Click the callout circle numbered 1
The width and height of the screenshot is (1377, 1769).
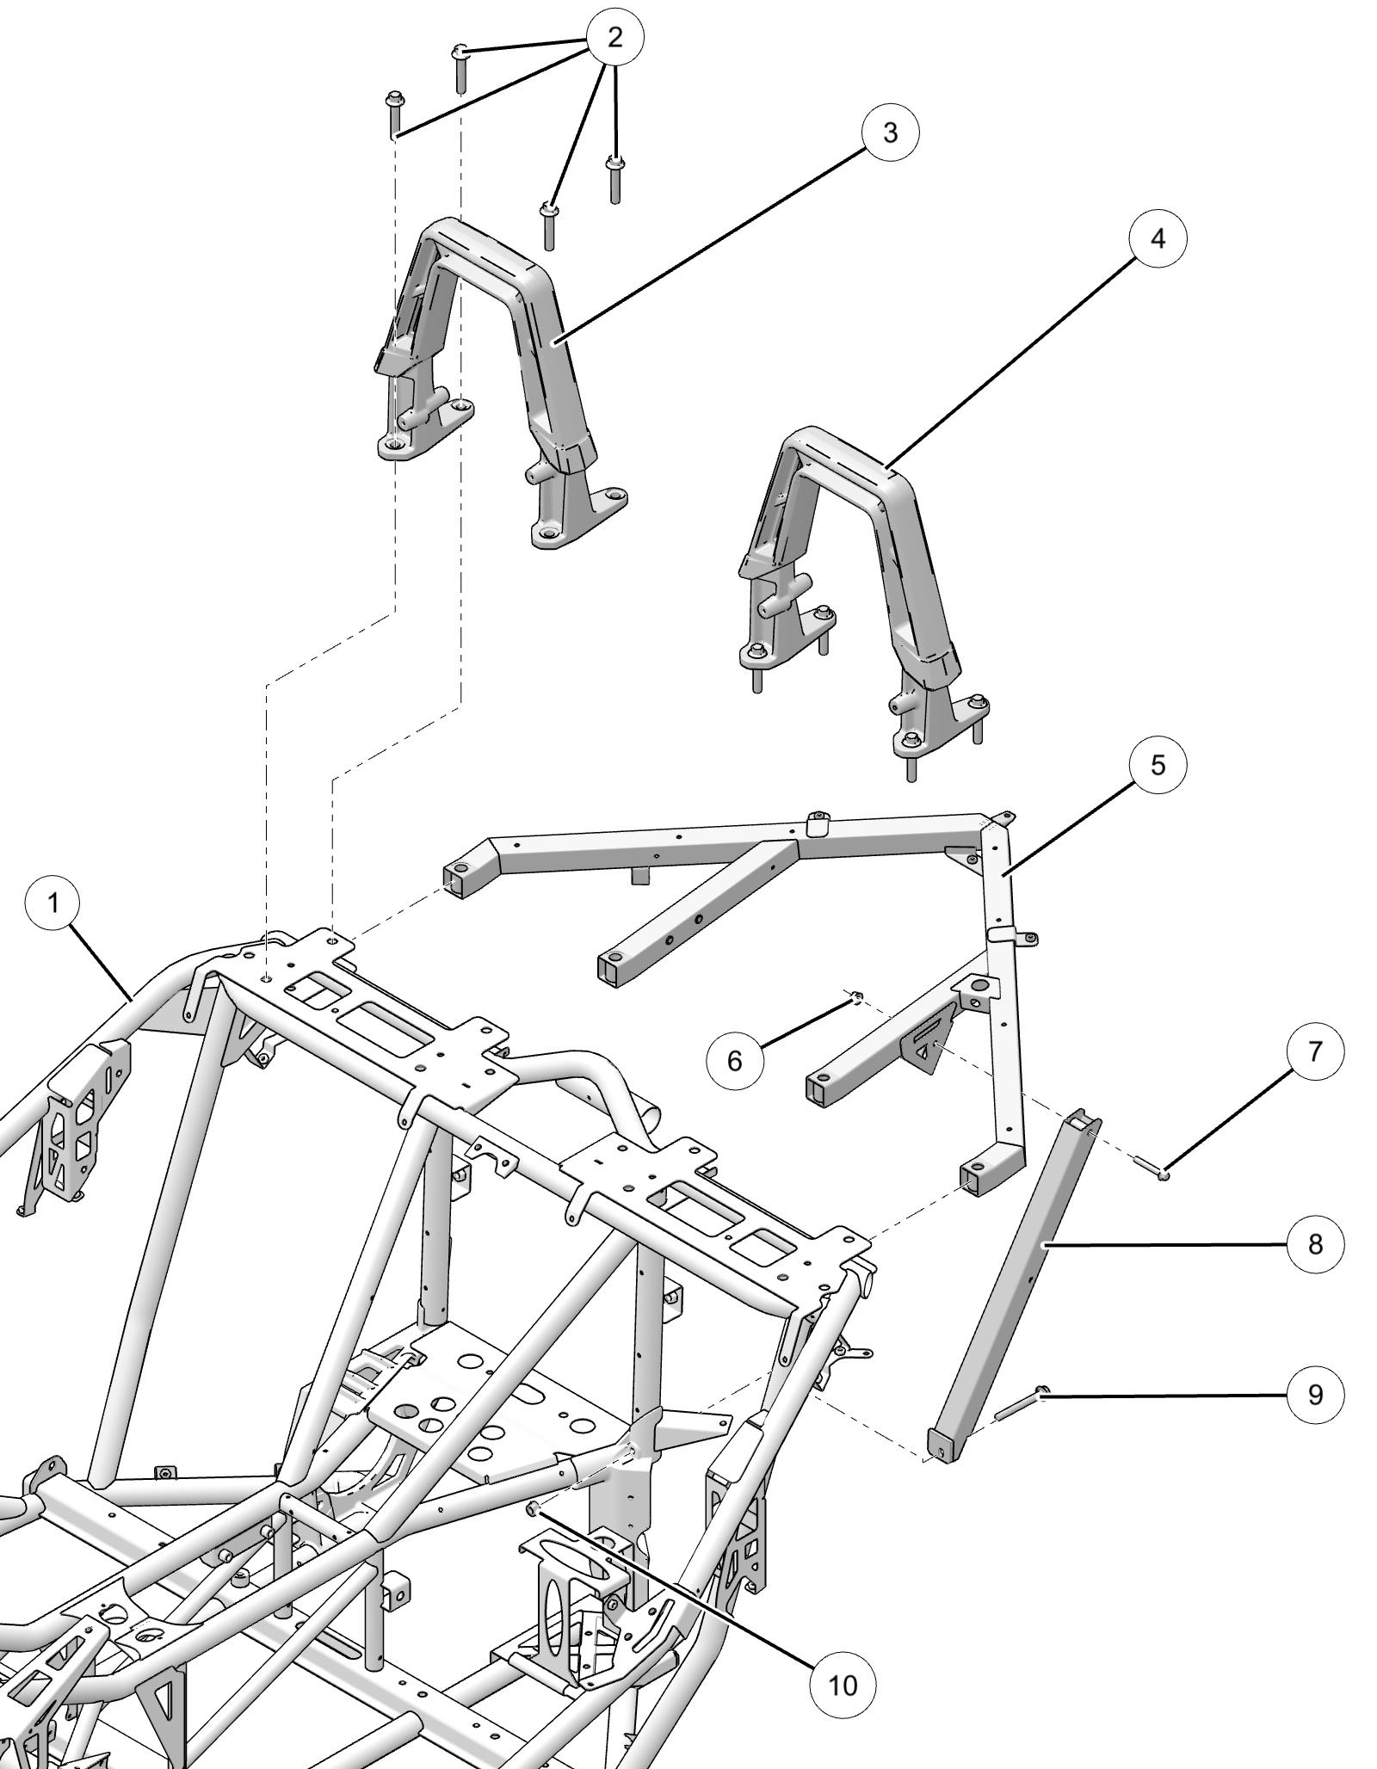tap(53, 903)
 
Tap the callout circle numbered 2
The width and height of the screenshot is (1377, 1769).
tap(614, 37)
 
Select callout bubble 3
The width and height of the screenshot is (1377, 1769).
tap(890, 133)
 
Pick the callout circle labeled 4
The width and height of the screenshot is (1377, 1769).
tap(1158, 238)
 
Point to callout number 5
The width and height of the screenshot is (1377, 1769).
tap(1158, 764)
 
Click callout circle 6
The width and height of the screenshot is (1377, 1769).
tap(734, 1061)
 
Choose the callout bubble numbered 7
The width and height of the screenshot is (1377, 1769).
tap(1315, 1051)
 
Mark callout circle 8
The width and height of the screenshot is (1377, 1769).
tap(1315, 1244)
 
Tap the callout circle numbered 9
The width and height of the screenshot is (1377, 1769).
tap(1315, 1394)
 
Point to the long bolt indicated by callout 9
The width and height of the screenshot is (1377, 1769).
tap(1020, 1403)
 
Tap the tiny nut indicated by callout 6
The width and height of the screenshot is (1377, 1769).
tap(857, 997)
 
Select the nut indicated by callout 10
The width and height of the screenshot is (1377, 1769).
tap(533, 1532)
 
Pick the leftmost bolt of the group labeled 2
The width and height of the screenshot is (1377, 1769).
tap(395, 110)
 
